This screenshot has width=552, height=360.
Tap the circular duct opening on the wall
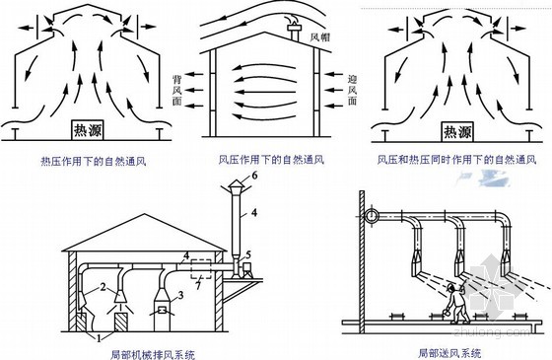click(371, 215)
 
